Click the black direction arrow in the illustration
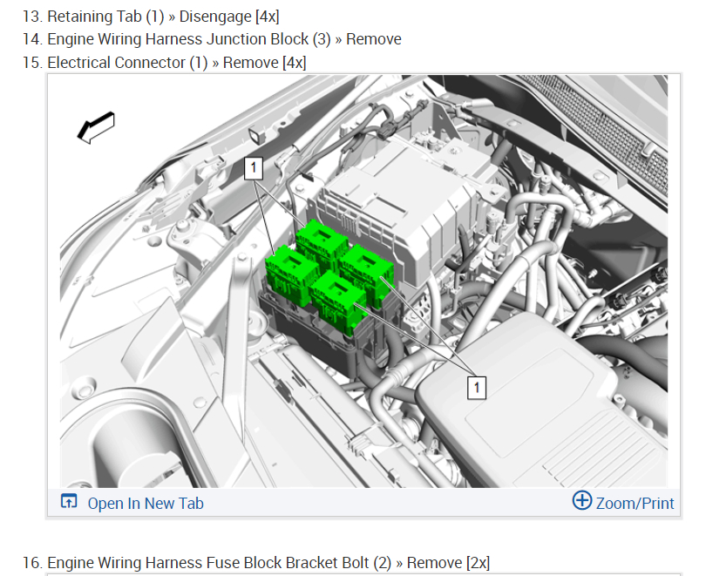click(x=96, y=128)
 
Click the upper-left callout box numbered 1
click(x=254, y=168)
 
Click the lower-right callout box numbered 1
click(x=477, y=388)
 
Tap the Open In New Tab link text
click(x=146, y=503)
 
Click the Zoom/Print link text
click(x=635, y=503)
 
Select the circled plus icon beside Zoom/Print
click(x=582, y=500)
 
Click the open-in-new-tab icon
click(x=69, y=501)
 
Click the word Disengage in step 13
click(x=215, y=17)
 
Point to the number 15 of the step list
click(x=32, y=63)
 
